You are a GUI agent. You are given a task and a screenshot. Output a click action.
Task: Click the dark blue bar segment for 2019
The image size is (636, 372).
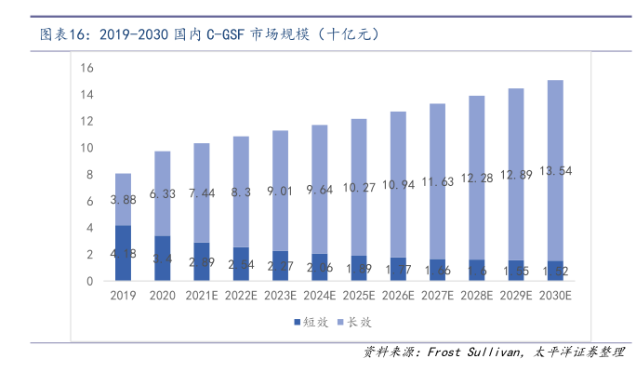click(123, 252)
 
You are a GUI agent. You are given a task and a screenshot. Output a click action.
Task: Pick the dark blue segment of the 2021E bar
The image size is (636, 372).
click(202, 261)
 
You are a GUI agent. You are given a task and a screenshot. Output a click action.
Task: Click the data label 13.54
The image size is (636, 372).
click(554, 170)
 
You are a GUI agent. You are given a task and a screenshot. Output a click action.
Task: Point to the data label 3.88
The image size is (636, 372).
click(124, 199)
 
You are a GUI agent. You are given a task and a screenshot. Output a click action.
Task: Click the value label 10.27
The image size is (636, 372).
click(358, 187)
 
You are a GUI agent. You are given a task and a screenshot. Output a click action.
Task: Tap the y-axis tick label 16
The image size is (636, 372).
click(87, 68)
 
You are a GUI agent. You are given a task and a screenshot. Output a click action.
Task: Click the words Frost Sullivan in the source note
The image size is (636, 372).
click(474, 352)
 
